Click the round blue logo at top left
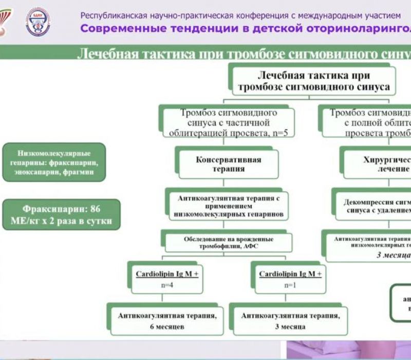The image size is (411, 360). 38,22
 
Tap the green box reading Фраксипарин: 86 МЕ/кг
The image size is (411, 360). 61,215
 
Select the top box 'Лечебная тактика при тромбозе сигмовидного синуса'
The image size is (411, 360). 313,81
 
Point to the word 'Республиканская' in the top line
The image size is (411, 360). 109,15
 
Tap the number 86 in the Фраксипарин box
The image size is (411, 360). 96,209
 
